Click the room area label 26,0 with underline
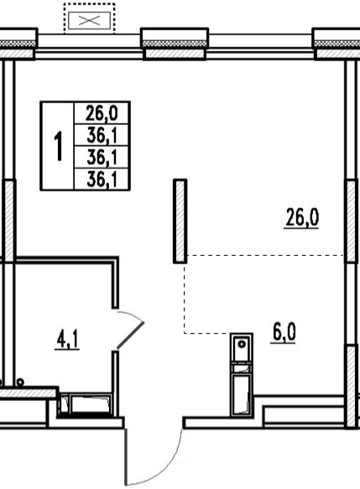pos(302,218)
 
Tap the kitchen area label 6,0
pos(284,333)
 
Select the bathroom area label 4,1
pos(67,340)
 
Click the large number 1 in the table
pos(59,146)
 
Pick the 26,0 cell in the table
pos(102,113)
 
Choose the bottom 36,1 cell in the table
pos(102,179)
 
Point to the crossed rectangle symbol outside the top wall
pos(90,21)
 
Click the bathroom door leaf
pos(130,336)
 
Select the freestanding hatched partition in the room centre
pos(180,221)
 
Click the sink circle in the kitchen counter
pos(242,344)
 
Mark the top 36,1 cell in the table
pos(102,135)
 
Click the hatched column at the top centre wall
pos(175,54)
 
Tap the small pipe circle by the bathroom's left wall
pos(21,382)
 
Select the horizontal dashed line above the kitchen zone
pos(265,256)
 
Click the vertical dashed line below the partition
pos(184,299)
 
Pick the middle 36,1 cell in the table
pos(102,157)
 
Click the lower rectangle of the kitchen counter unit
pos(242,394)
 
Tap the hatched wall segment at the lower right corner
pos(352,386)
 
